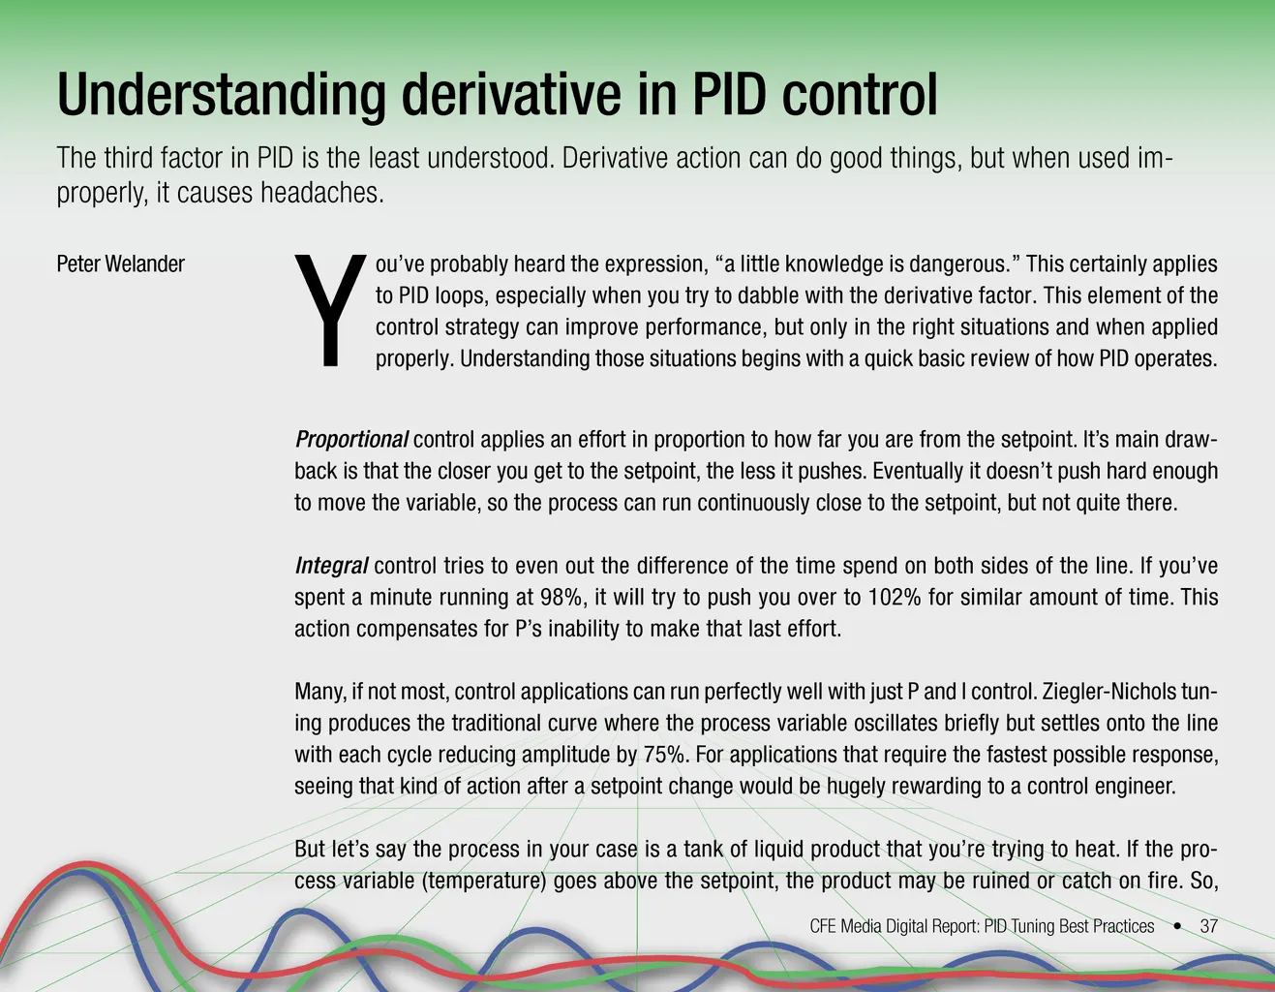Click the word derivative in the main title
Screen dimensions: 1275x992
click(x=511, y=94)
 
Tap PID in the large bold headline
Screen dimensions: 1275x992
click(x=729, y=94)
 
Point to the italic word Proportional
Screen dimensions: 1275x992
click(x=350, y=439)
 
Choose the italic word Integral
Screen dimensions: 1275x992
click(x=331, y=566)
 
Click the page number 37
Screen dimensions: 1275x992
click(x=1209, y=926)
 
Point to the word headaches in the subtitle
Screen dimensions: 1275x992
click(x=322, y=193)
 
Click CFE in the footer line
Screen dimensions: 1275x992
click(x=823, y=926)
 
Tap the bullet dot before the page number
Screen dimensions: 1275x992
click(x=1177, y=926)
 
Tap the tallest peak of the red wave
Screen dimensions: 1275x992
click(x=87, y=865)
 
